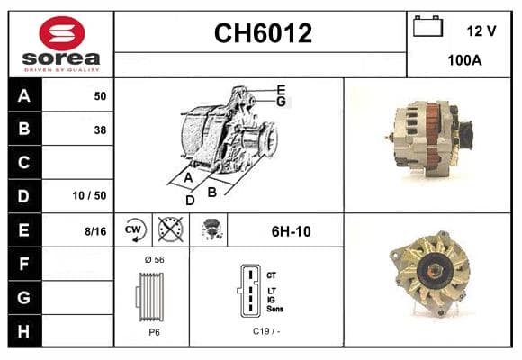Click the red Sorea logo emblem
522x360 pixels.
tap(62, 33)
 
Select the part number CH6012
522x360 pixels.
tap(263, 33)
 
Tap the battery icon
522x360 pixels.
tap(427, 26)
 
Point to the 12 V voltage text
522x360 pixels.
tap(481, 31)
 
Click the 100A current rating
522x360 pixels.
tap(464, 60)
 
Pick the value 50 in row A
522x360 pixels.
tap(100, 96)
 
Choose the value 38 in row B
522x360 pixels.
tap(100, 130)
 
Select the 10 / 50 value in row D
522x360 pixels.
tap(90, 195)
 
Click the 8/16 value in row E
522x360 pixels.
tap(95, 231)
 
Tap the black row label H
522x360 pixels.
tap(24, 331)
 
